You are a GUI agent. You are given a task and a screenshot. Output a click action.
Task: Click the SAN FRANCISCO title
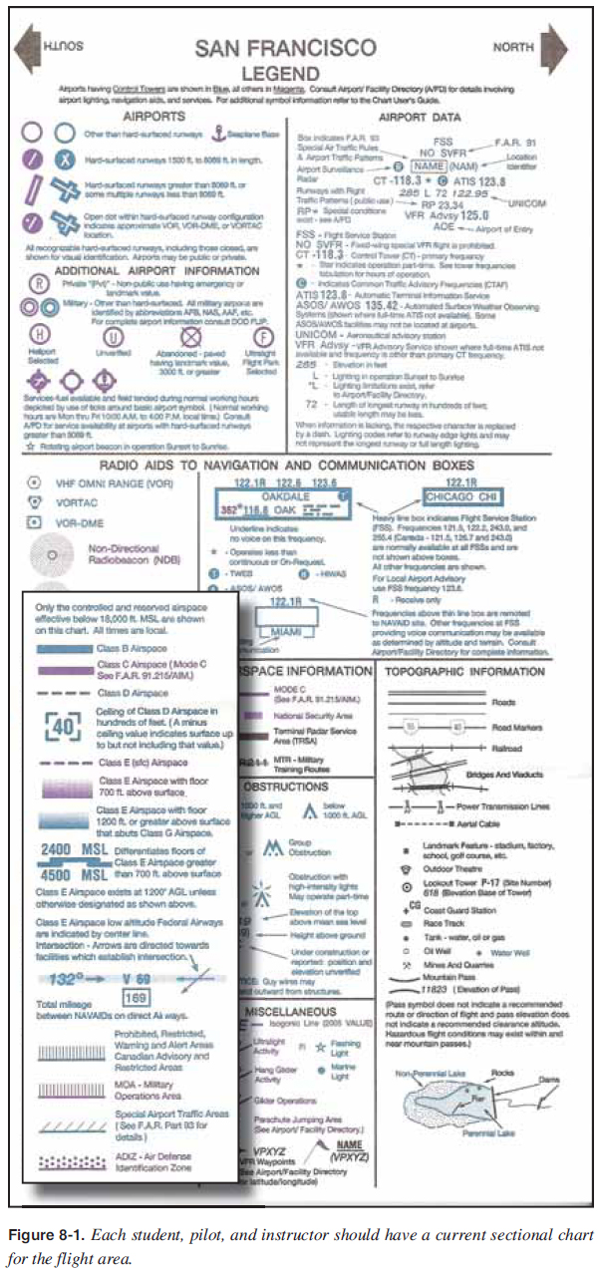coord(286,48)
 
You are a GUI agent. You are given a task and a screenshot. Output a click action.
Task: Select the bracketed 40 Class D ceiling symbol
coord(64,726)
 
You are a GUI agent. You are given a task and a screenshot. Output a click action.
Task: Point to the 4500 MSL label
coord(66,874)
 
